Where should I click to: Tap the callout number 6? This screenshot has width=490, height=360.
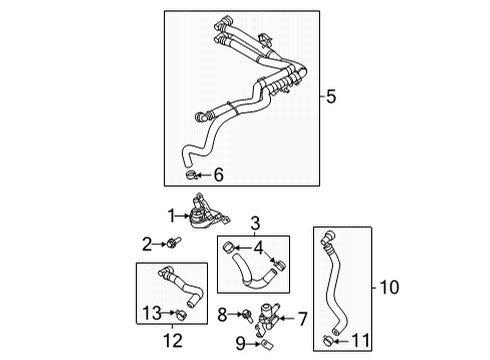point(219,176)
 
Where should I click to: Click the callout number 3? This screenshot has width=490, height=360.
point(255,222)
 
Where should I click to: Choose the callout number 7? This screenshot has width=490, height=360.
point(300,319)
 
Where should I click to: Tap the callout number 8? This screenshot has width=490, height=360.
point(223,314)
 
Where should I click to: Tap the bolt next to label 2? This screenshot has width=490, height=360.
point(173,241)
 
